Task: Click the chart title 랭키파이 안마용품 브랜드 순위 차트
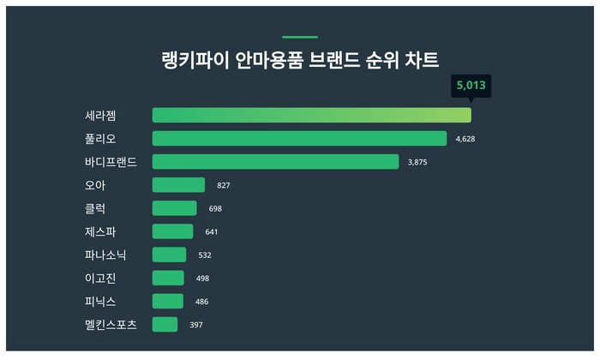(300, 61)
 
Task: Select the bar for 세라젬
(311, 115)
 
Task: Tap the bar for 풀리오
(299, 138)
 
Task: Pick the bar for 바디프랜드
(275, 161)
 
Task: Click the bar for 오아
(178, 185)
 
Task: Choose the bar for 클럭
(174, 208)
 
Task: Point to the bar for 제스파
(172, 231)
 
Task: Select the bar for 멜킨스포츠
(165, 324)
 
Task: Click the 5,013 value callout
(471, 86)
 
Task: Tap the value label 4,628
(465, 139)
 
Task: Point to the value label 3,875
(417, 162)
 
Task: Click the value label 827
(224, 185)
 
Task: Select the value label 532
(205, 255)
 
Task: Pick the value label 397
(196, 325)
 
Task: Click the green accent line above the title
(300, 37)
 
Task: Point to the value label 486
(201, 302)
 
